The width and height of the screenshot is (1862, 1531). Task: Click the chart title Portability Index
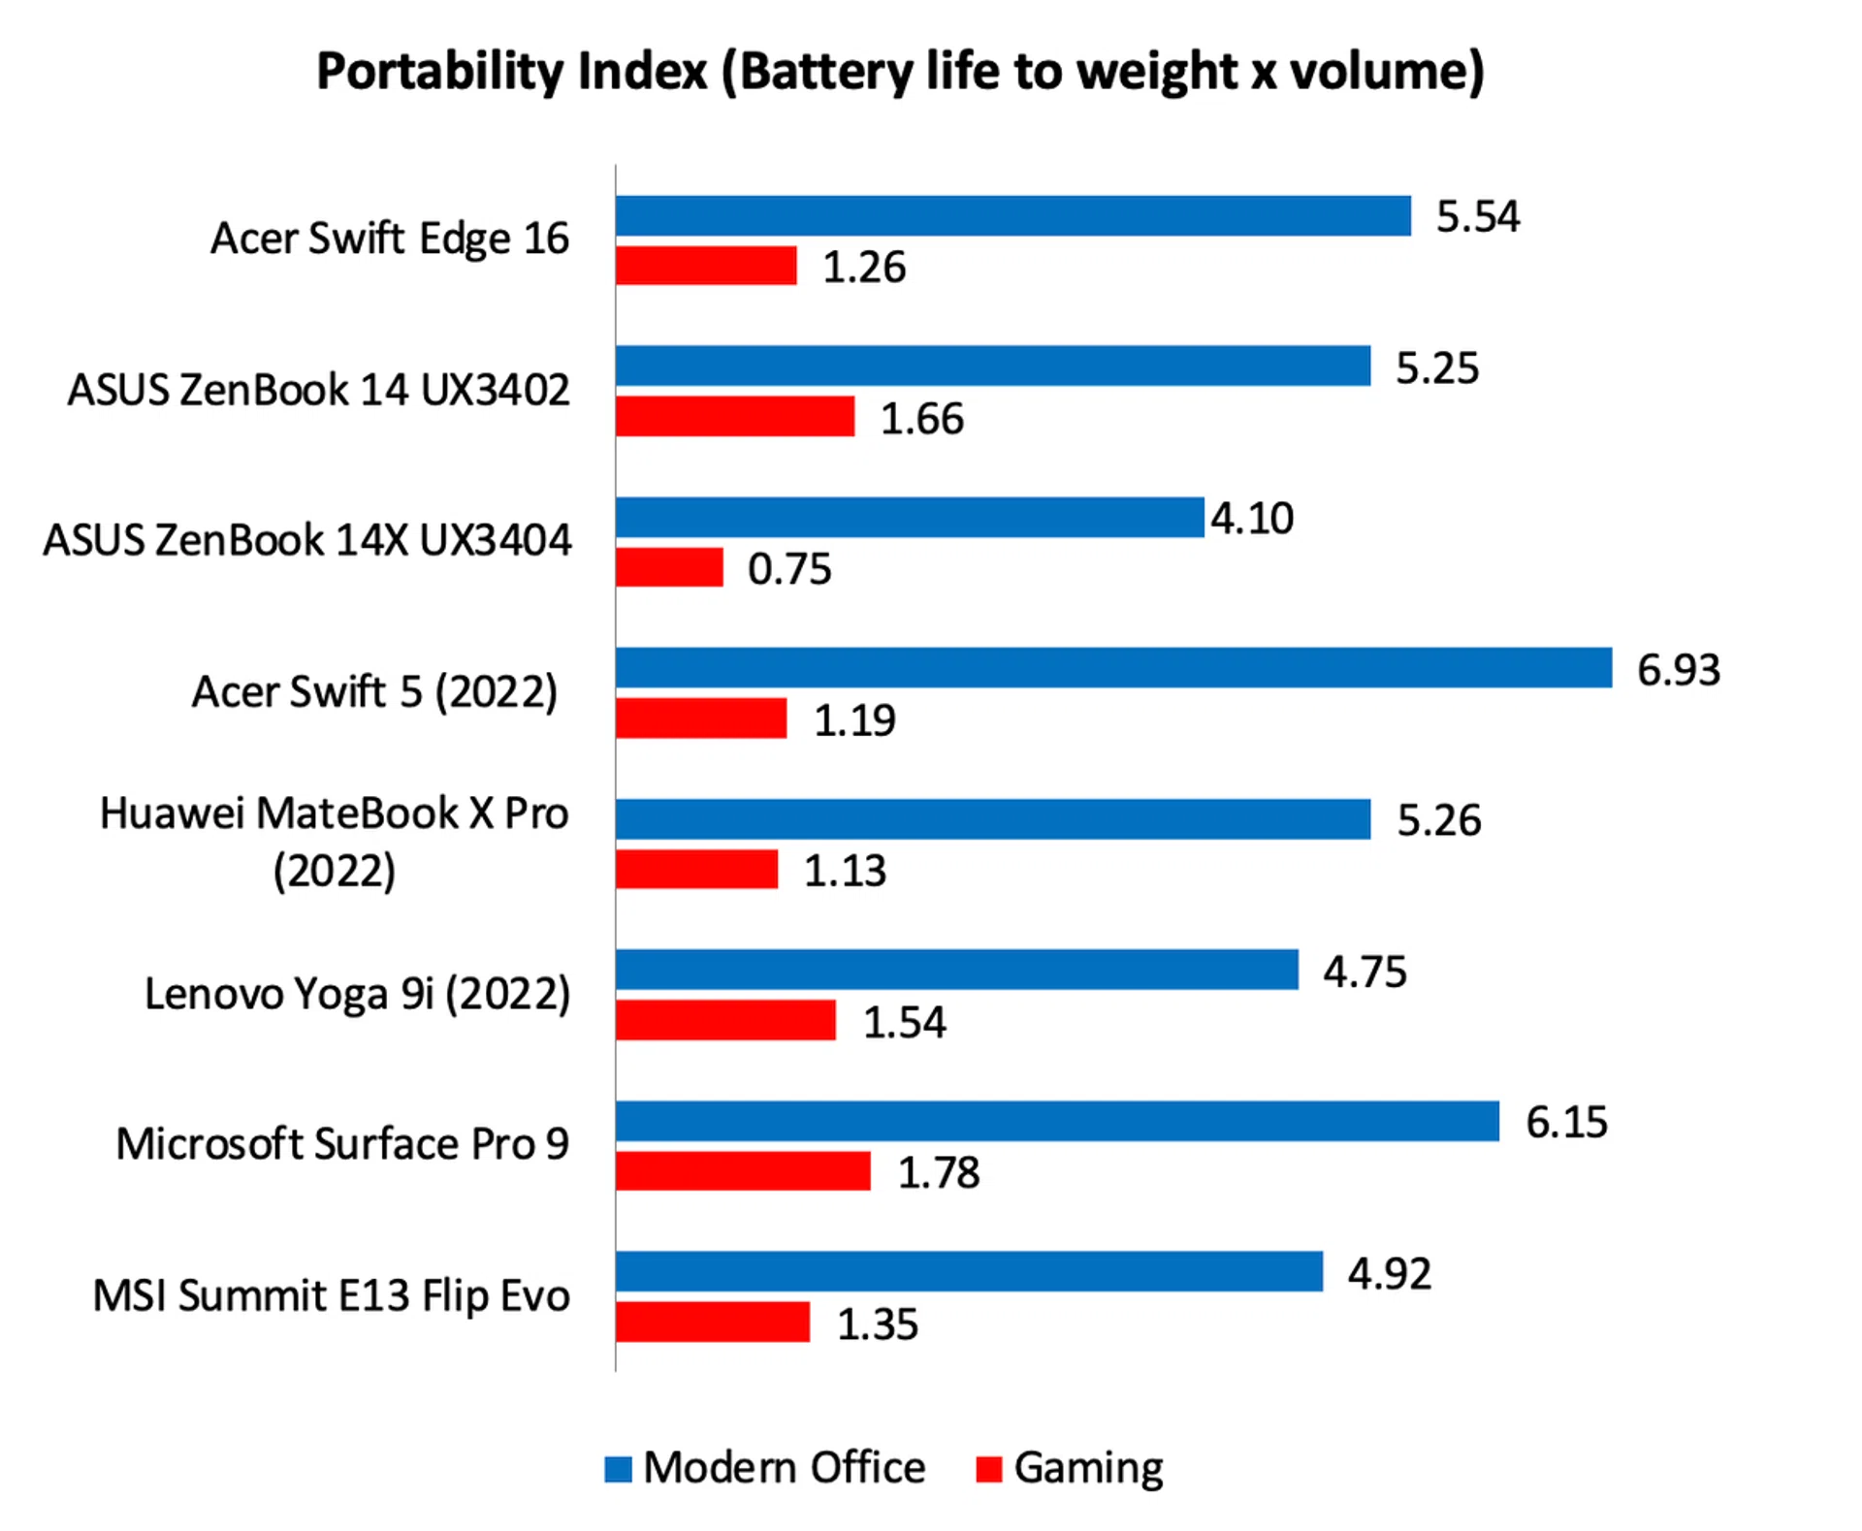click(900, 72)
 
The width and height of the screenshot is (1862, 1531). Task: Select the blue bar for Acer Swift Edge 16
click(1012, 215)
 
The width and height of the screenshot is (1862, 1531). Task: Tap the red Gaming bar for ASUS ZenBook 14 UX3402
click(735, 416)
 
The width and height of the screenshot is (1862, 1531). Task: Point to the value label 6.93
click(1678, 670)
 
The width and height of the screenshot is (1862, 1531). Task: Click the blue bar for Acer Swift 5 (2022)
click(1113, 668)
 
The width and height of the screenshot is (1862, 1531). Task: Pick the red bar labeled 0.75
click(669, 567)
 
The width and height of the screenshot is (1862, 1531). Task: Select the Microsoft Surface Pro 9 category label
click(342, 1144)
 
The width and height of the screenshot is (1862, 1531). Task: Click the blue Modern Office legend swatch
click(618, 1469)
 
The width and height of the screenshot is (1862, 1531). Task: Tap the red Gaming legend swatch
click(988, 1469)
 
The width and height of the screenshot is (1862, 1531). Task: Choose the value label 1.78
click(938, 1173)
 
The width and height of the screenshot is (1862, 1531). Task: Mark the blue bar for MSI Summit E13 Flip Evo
click(969, 1272)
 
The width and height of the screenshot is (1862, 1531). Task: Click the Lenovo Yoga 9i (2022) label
click(357, 994)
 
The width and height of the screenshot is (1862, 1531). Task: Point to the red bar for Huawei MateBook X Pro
click(696, 869)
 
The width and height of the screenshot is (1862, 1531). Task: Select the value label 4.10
click(1251, 519)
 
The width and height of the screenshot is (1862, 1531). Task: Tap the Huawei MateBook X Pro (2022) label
click(334, 842)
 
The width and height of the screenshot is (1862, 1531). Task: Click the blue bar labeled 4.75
click(956, 970)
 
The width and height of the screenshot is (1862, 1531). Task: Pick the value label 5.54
click(1477, 216)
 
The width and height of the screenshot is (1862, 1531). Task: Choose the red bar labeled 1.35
click(712, 1323)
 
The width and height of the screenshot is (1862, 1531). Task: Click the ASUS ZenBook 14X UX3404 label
click(306, 540)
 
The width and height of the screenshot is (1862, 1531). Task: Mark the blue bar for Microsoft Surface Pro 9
click(1057, 1121)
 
